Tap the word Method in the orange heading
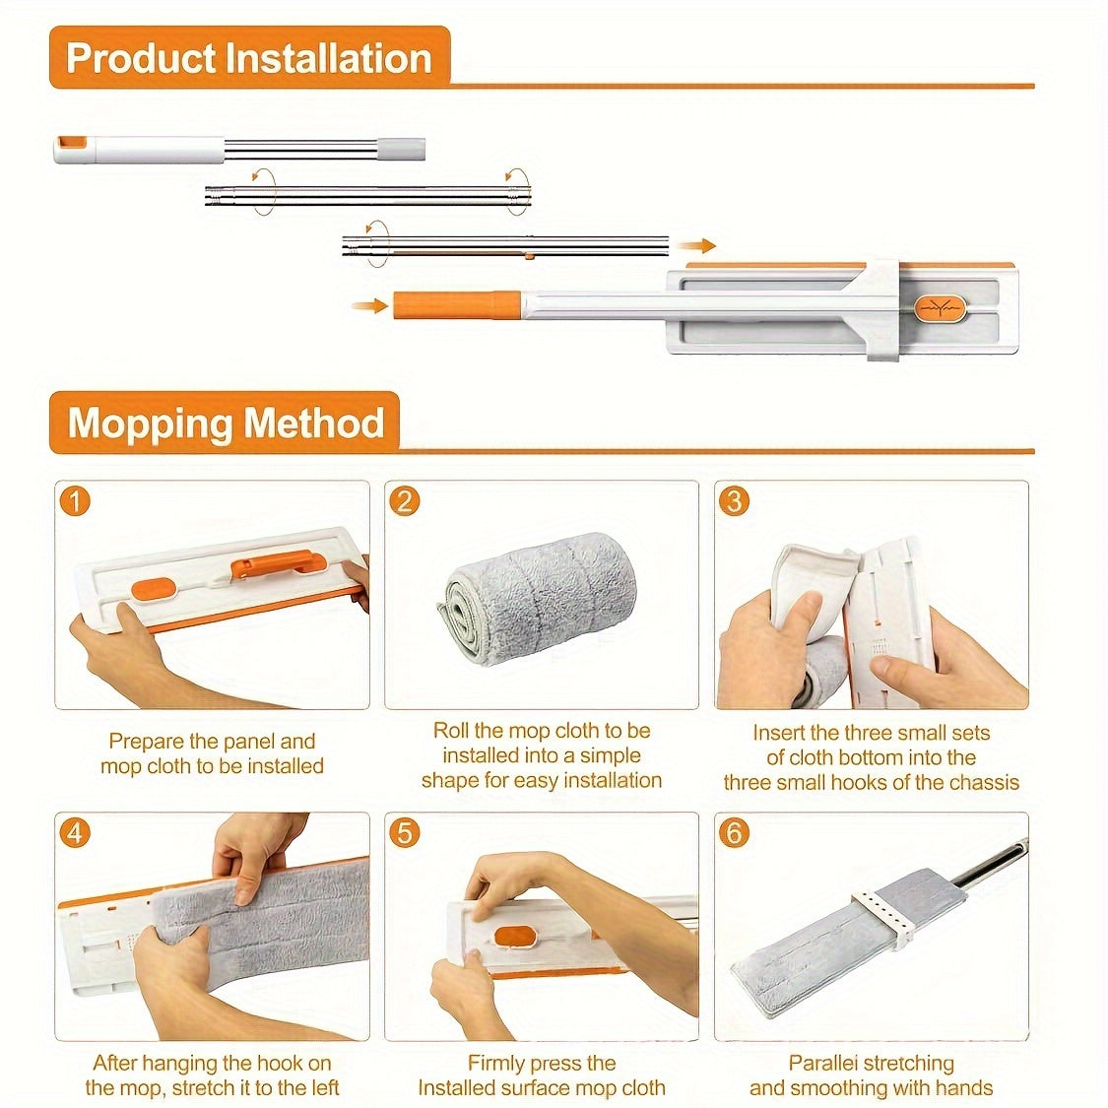[x=314, y=423]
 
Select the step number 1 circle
[x=75, y=501]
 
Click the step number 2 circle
[x=404, y=501]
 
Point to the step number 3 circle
[x=734, y=501]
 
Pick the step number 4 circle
[x=75, y=832]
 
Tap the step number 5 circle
[x=404, y=832]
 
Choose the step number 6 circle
[x=734, y=832]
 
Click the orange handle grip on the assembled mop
[x=457, y=305]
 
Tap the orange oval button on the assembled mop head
[x=940, y=308]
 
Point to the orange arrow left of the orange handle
[x=370, y=306]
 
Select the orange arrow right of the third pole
[x=696, y=246]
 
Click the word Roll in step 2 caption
[x=450, y=730]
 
